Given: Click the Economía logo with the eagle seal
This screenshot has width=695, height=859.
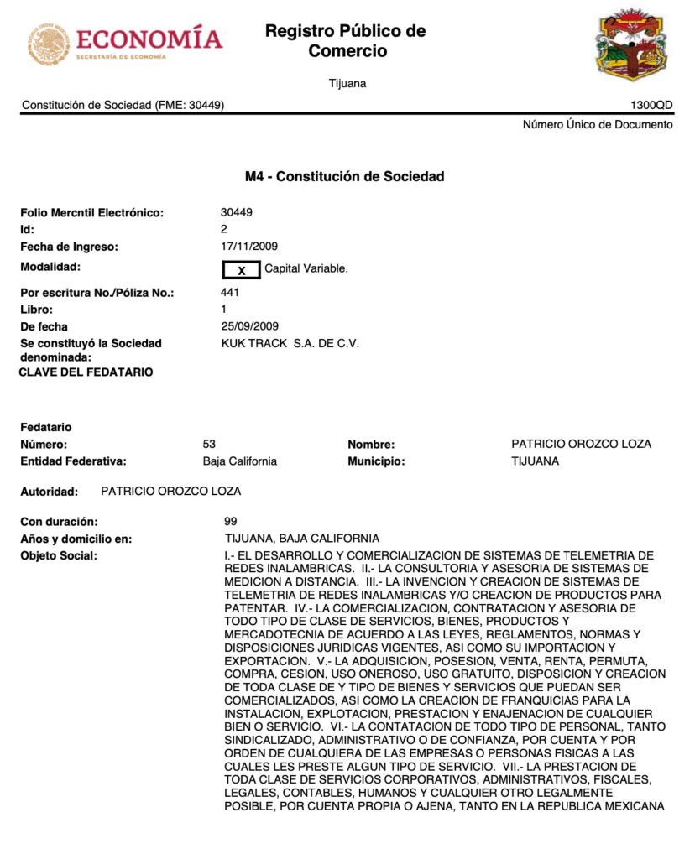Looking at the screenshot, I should pyautogui.click(x=124, y=44).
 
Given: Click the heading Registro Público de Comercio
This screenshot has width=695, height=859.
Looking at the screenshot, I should pyautogui.click(x=345, y=41).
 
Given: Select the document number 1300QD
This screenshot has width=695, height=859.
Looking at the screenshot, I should pyautogui.click(x=651, y=105).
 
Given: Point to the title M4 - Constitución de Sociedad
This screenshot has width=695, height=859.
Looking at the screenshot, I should pyautogui.click(x=344, y=176).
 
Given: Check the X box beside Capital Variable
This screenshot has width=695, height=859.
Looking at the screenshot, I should pyautogui.click(x=241, y=269).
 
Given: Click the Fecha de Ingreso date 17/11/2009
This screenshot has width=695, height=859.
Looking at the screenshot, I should pyautogui.click(x=249, y=247).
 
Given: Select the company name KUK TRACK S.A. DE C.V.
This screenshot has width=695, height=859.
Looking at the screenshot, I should pyautogui.click(x=290, y=343).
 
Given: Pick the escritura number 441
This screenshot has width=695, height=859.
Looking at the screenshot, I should pyautogui.click(x=230, y=292).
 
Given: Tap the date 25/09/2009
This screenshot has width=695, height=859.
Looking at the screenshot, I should pyautogui.click(x=249, y=326).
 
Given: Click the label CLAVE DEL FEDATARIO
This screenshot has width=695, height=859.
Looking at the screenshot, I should pyautogui.click(x=86, y=372).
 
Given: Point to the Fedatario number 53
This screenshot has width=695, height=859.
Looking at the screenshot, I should pyautogui.click(x=209, y=444).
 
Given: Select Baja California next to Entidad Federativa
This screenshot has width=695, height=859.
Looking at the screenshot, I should pyautogui.click(x=239, y=461).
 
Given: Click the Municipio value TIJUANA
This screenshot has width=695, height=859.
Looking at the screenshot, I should pyautogui.click(x=535, y=461).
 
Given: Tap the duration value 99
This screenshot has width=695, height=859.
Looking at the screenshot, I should pyautogui.click(x=231, y=521).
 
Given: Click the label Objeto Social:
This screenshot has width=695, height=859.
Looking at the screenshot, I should pyautogui.click(x=59, y=555).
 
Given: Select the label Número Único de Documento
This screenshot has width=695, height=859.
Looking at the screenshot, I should pyautogui.click(x=597, y=124).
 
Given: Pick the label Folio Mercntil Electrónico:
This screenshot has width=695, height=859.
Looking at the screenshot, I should pyautogui.click(x=92, y=213).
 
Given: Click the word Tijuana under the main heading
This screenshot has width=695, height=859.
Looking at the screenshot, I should pyautogui.click(x=347, y=83).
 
